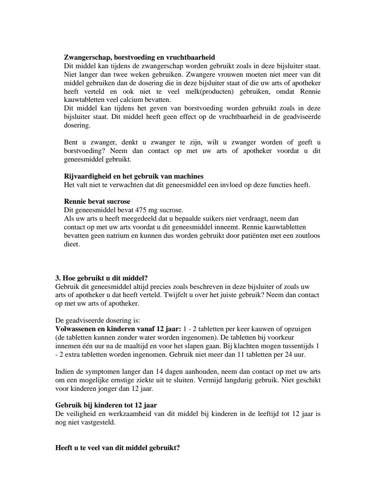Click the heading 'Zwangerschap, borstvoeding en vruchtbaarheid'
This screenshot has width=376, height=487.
140,57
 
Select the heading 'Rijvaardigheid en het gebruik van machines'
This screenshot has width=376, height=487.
134,177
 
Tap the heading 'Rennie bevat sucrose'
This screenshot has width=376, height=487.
97,202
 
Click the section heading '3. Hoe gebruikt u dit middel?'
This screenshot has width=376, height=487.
101,278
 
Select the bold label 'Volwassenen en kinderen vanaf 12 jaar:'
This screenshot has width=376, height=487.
118,329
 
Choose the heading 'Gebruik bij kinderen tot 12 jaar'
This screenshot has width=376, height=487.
106,405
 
